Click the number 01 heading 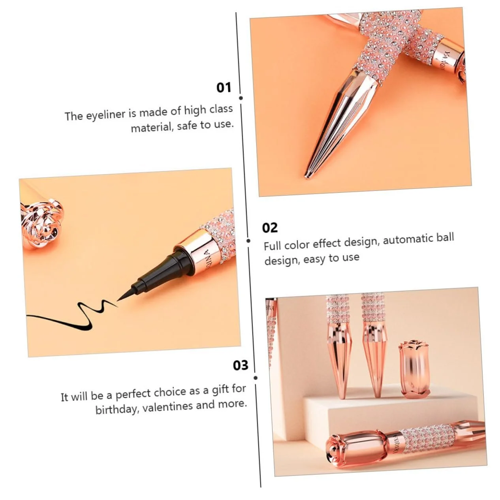tap(224, 88)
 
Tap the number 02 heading tap(270, 228)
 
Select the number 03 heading tap(241, 365)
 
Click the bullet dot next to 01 tap(241, 98)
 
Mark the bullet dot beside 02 tap(248, 241)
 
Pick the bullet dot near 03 tap(256, 378)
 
